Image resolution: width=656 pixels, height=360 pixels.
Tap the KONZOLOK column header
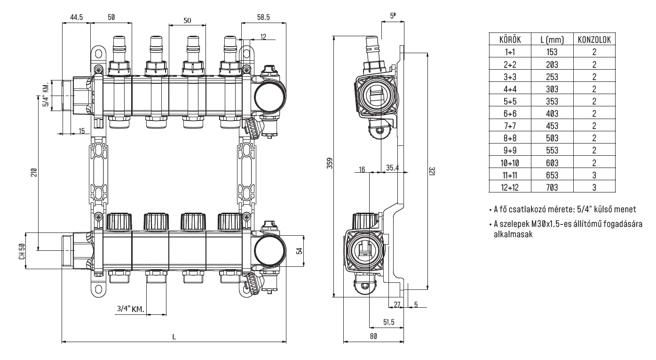click(594, 40)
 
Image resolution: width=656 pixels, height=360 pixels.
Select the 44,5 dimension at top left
click(76, 17)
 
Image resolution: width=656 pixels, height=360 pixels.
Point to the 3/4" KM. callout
click(130, 309)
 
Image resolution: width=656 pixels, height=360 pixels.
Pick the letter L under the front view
click(174, 337)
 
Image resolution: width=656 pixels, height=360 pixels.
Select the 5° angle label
click(393, 16)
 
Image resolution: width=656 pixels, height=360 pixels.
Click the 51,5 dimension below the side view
click(388, 321)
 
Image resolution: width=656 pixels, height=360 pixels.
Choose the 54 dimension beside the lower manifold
click(298, 251)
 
